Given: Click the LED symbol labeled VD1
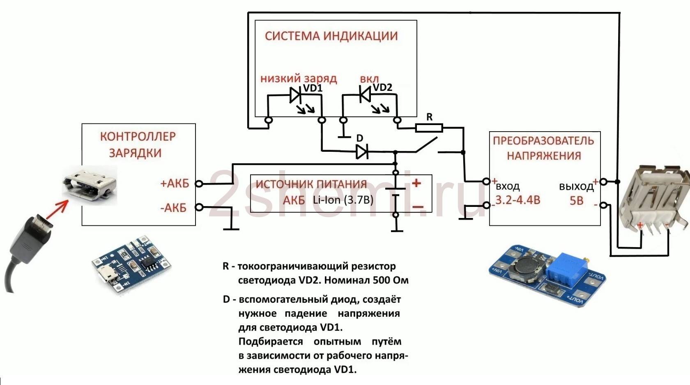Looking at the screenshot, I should [x=296, y=95].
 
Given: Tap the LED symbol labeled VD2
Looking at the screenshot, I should [x=364, y=95].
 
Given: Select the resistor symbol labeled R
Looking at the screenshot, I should [x=429, y=128].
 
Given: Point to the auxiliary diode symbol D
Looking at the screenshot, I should [x=362, y=152].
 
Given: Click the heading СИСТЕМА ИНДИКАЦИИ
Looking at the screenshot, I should [x=331, y=36].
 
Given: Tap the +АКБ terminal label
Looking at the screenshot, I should [x=175, y=183].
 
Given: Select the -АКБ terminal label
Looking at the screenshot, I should [x=173, y=208].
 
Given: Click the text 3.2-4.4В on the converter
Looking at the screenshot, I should [x=517, y=200].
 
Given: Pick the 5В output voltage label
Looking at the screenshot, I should [x=576, y=201].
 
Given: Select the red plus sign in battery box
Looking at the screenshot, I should [x=416, y=183].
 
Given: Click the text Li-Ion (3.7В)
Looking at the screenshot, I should [x=343, y=200].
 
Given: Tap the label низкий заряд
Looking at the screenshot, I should [x=299, y=78].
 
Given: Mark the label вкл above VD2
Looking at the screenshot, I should [x=369, y=79].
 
